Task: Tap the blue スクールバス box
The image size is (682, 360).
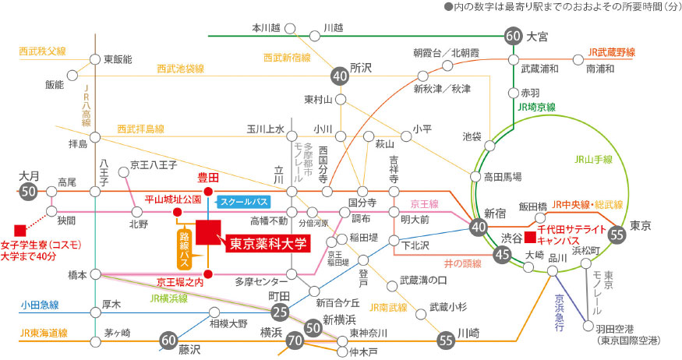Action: [242, 201]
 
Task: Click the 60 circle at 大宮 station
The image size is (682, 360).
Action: [513, 36]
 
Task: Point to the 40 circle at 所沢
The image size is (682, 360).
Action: [340, 76]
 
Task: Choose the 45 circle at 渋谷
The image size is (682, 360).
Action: [502, 253]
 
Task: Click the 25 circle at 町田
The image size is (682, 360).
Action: [281, 313]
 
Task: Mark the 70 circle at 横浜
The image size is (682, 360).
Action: [295, 341]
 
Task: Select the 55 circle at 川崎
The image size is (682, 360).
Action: [446, 340]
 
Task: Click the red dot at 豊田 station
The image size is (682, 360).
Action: [208, 191]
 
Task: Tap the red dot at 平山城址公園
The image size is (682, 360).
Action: [177, 211]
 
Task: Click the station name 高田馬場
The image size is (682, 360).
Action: [502, 177]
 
